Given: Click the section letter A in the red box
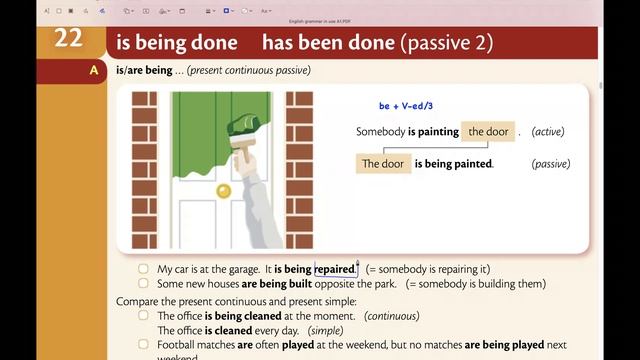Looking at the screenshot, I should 94,70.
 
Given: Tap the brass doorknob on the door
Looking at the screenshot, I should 224,190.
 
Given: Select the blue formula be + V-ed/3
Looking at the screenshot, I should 406,106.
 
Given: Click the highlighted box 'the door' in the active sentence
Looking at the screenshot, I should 488,132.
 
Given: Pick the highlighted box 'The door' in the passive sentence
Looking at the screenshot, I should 383,164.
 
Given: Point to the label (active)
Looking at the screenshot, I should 550,132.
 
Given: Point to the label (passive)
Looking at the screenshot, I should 551,164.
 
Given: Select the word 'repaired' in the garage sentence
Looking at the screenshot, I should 335,269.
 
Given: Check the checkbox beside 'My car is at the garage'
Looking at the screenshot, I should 144,269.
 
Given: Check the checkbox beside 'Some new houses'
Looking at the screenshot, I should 144,284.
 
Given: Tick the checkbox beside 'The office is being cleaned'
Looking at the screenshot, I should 144,315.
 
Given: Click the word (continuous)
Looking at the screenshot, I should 391,315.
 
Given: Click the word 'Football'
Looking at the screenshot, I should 181,345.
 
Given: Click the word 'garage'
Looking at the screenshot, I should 239,269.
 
